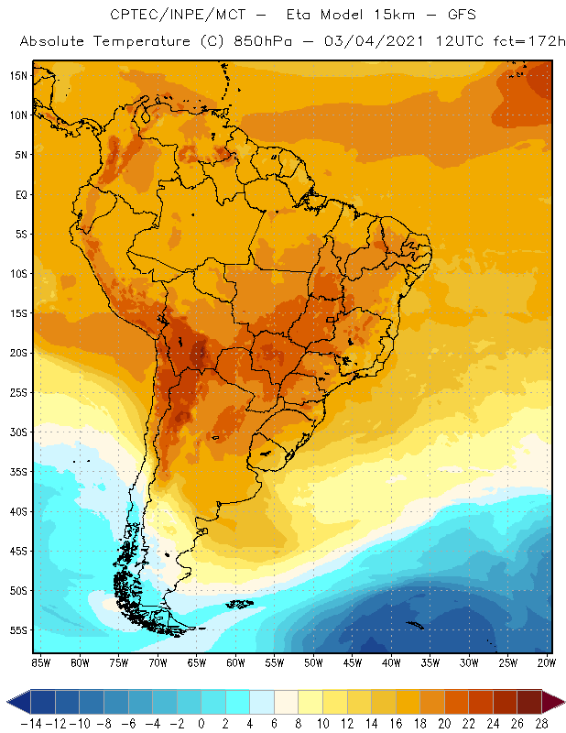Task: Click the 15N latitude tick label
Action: pyautogui.click(x=17, y=75)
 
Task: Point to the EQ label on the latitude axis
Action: pyautogui.click(x=20, y=194)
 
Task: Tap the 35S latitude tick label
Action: pyautogui.click(x=17, y=472)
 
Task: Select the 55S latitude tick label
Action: pyautogui.click(x=17, y=630)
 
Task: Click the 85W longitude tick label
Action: pyautogui.click(x=40, y=662)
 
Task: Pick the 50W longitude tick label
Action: pyautogui.click(x=313, y=662)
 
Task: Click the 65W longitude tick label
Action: pyautogui.click(x=197, y=662)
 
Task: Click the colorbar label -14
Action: pyautogui.click(x=31, y=723)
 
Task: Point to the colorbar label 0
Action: pyautogui.click(x=201, y=723)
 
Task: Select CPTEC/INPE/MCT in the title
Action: pyautogui.click(x=171, y=16)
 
